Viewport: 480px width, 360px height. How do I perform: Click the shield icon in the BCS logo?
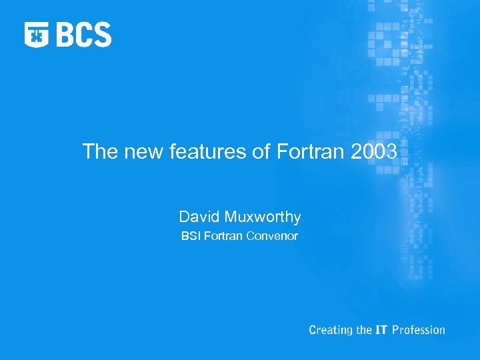point(37,35)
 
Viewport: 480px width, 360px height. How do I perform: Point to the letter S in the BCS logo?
point(101,35)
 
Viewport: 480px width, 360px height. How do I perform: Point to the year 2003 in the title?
point(373,152)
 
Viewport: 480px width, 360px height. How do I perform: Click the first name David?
point(198,217)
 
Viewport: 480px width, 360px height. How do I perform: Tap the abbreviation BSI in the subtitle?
point(191,236)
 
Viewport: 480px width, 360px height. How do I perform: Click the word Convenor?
point(271,236)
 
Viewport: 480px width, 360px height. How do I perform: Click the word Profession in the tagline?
point(418,329)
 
